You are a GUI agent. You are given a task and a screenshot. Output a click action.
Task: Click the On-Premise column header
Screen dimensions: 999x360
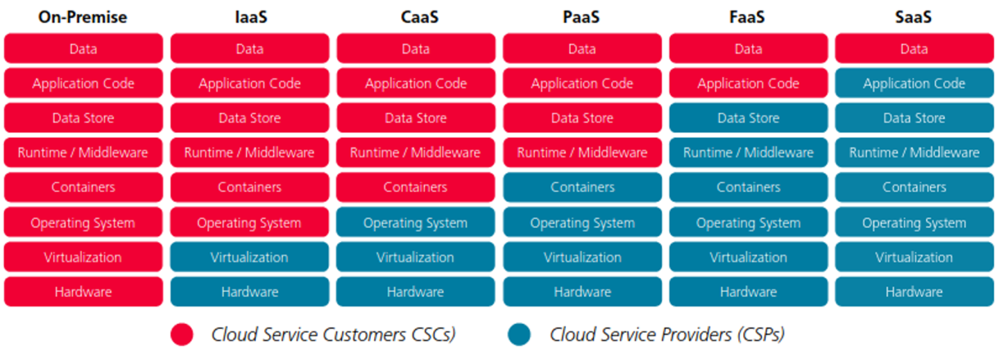point(83,17)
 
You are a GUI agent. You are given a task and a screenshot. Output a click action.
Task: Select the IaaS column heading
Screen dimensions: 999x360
point(250,17)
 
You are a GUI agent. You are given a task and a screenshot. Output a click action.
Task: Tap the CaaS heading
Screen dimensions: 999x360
point(420,17)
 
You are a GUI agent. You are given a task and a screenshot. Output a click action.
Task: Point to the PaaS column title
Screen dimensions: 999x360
point(581,17)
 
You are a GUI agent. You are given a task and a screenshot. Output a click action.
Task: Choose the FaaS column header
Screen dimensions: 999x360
point(747,17)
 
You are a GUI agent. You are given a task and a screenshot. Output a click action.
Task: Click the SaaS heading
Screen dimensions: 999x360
point(913,17)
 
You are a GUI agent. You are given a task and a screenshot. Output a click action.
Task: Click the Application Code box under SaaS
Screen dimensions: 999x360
point(914,83)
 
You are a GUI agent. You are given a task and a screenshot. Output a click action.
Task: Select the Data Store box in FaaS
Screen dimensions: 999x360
point(749,118)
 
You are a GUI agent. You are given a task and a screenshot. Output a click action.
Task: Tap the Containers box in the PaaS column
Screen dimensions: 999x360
point(583,187)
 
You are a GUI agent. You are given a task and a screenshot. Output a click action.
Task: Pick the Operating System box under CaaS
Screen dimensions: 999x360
point(416,222)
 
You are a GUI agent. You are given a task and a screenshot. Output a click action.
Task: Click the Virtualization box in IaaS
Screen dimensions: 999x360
point(250,257)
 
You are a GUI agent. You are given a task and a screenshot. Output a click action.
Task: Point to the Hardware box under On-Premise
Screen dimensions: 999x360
point(83,292)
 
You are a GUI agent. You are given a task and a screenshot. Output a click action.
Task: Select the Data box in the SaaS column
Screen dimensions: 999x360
point(914,48)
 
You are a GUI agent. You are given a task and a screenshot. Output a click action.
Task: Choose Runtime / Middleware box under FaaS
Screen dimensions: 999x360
point(749,153)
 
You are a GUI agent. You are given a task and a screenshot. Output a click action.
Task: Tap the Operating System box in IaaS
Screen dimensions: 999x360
point(250,222)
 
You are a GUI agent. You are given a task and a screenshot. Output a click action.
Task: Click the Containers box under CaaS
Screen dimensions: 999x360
point(416,187)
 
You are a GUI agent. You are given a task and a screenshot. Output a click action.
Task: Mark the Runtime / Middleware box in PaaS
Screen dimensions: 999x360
point(583,153)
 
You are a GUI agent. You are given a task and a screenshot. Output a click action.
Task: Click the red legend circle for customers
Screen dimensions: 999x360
point(182,334)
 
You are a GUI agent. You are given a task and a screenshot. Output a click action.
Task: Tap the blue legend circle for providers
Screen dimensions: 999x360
point(519,334)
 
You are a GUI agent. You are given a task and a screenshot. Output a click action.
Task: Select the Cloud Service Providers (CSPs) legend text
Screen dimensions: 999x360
point(667,334)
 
